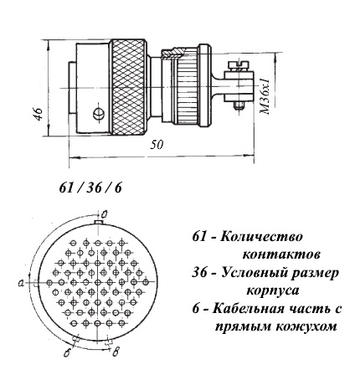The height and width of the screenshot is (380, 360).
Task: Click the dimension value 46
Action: pos(39,113)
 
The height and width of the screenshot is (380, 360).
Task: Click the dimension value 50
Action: pos(157,145)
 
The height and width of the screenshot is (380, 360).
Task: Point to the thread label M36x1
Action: pos(265,95)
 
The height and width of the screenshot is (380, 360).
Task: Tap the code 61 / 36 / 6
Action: pos(90,187)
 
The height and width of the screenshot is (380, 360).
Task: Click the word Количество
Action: pos(261,237)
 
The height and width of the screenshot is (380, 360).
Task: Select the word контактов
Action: pos(281,254)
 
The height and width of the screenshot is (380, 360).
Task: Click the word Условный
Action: pos(252,273)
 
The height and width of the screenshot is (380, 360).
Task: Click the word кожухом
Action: pos(306,326)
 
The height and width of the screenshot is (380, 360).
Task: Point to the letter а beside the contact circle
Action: pos(20,283)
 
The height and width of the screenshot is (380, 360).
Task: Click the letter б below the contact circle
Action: pos(67,352)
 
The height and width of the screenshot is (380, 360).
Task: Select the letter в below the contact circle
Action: pos(116,352)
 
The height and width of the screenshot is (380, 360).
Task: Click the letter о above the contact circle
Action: pos(105,213)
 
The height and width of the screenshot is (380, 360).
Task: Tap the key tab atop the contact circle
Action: pos(98,222)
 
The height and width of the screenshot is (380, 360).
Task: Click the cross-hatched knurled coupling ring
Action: pos(129,88)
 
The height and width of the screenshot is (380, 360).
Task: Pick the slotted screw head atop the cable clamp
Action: pos(238,65)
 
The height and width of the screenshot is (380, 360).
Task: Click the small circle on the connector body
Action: pos(99,113)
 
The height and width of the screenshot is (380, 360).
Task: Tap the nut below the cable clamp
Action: pos(239,105)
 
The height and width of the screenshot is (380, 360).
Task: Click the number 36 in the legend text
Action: pos(200,273)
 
